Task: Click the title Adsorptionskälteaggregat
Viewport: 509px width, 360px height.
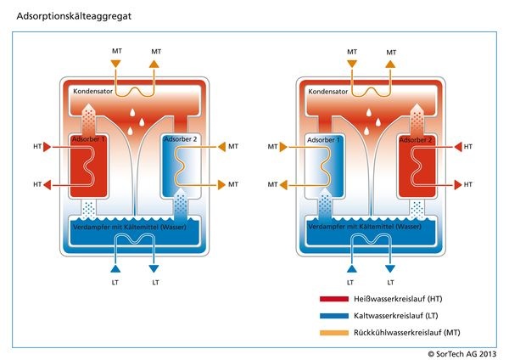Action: coord(70,16)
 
